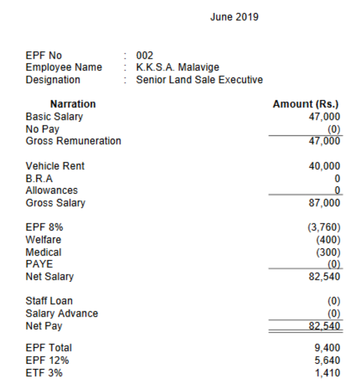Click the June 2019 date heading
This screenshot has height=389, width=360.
tap(234, 18)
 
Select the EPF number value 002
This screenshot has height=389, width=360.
tap(144, 56)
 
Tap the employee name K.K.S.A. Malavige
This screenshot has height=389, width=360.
tap(178, 68)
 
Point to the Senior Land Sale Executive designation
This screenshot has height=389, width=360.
tap(199, 80)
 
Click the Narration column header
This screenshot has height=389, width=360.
tap(73, 104)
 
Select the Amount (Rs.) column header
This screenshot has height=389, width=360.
tap(306, 104)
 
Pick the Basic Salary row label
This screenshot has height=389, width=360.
tap(54, 117)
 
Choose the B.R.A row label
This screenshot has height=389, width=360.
tap(39, 178)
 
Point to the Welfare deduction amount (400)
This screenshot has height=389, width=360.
tap(329, 239)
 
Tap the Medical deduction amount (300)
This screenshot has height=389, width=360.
tap(329, 252)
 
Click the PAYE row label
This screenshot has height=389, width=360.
tap(36, 264)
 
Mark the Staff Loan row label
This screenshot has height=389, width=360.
tap(49, 301)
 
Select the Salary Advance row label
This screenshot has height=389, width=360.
tap(62, 313)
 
